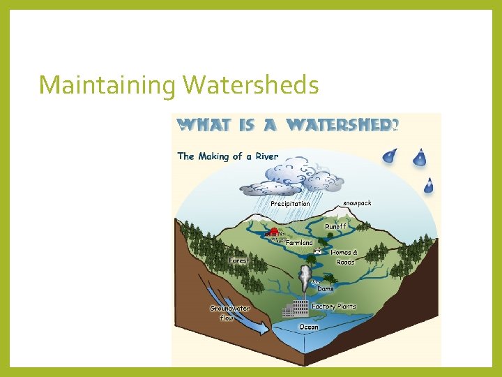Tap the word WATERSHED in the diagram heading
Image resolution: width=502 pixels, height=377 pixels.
point(337,126)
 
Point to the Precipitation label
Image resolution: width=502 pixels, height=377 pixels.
point(290,204)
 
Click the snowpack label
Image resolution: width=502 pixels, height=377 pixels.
point(356,203)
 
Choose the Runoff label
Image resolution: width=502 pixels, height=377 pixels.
point(335,227)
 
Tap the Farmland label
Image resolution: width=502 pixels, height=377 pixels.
point(299,243)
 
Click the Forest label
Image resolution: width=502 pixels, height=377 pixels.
point(238,260)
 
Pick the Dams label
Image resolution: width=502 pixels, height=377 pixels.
point(326,288)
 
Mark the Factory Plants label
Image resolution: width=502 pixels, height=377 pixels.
point(333,306)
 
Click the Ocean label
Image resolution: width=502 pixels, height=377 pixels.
point(308,327)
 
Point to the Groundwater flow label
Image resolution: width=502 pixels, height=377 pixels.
point(229,313)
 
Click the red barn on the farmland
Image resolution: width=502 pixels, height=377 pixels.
point(275,232)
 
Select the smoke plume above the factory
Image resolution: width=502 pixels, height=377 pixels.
point(305,278)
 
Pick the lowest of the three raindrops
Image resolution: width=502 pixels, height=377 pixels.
point(429,186)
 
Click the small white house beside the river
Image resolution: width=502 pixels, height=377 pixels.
point(317,250)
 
